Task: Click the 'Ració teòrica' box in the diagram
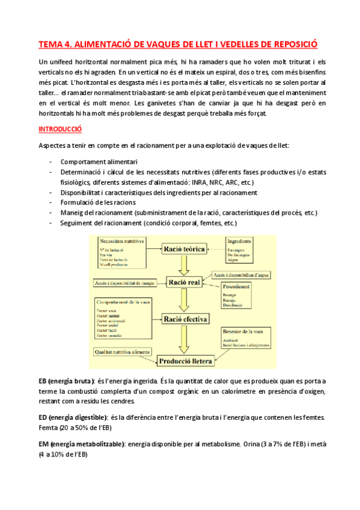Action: (185, 249)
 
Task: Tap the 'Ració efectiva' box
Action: (185, 319)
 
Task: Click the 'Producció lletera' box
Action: (184, 360)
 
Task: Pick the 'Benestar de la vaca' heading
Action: (243, 331)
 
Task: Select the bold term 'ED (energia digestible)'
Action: (73, 417)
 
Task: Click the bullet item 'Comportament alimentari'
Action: (99, 162)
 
